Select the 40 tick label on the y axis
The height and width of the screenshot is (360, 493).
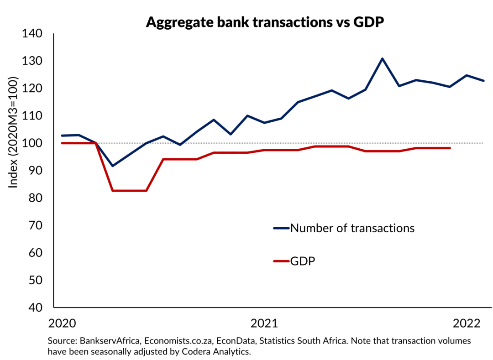tap(35, 308)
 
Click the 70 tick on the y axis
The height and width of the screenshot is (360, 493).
tap(35, 225)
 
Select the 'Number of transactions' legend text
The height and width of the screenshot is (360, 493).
tap(352, 228)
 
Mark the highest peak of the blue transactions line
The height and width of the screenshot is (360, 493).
tap(382, 58)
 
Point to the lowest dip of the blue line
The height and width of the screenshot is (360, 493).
tap(113, 166)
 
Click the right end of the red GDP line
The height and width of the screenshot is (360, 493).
tap(450, 148)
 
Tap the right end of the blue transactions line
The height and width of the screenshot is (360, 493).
tap(483, 81)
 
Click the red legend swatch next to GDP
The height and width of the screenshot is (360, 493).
tap(281, 261)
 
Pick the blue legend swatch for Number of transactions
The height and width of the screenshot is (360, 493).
tap(281, 228)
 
